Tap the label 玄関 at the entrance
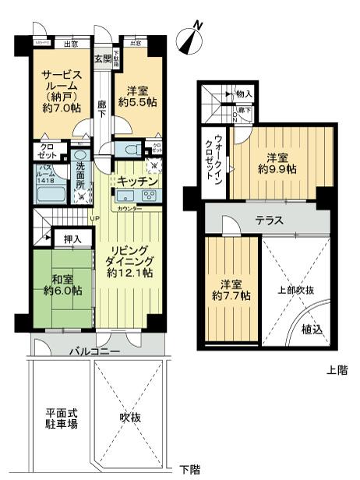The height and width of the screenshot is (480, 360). (103, 59)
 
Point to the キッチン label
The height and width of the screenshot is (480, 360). (138, 181)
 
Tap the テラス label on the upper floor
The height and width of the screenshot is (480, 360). (268, 221)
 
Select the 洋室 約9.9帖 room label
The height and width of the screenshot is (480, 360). (277, 161)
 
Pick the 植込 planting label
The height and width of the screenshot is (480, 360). (312, 330)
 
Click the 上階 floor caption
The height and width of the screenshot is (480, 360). (337, 370)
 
